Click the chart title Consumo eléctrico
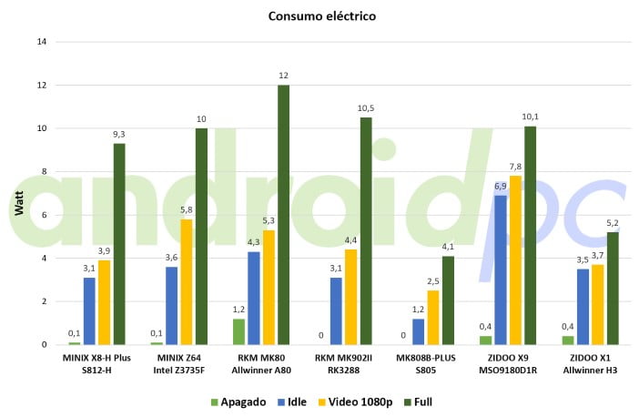pyautogui.click(x=321, y=16)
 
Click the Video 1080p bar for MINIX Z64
pyautogui.click(x=187, y=282)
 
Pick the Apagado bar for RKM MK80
pyautogui.click(x=238, y=331)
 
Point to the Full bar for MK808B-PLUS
pyautogui.click(x=447, y=300)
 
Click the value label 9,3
pyautogui.click(x=119, y=134)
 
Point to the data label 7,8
pyautogui.click(x=514, y=166)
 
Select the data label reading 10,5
pyautogui.click(x=365, y=108)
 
